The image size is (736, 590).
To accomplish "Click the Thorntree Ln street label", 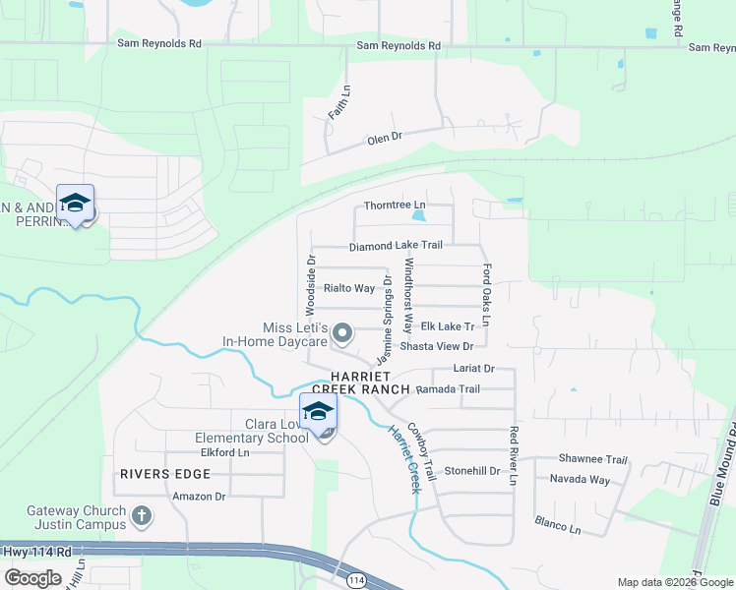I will pos(387,206).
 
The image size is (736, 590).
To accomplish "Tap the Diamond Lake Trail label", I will pos(396,244).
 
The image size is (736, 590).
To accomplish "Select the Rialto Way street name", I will pos(349,288).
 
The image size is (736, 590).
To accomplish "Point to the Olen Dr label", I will pos(385,140).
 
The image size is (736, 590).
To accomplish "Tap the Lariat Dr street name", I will pos(472,368).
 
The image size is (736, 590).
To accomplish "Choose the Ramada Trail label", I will pos(448,389).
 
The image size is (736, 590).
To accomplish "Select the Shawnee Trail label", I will pos(592,459).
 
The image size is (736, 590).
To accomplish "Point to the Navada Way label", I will pos(579,480).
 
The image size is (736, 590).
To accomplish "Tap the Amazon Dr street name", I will pos(199,497).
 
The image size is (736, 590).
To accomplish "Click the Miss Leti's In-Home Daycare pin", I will pos(342,334).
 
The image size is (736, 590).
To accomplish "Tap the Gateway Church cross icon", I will pos(142,514).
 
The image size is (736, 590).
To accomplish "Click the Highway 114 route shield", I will pos(356,581).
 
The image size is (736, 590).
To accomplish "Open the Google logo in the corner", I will pos(32,578).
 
